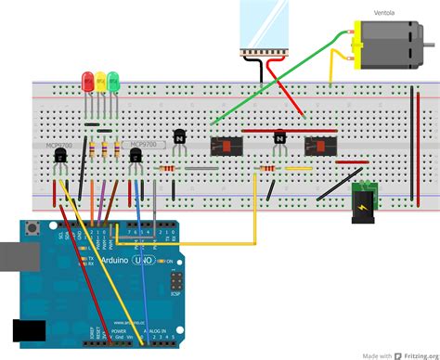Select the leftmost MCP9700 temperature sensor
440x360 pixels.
pyautogui.click(x=60, y=160)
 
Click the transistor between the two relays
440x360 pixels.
pyautogui.click(x=278, y=139)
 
